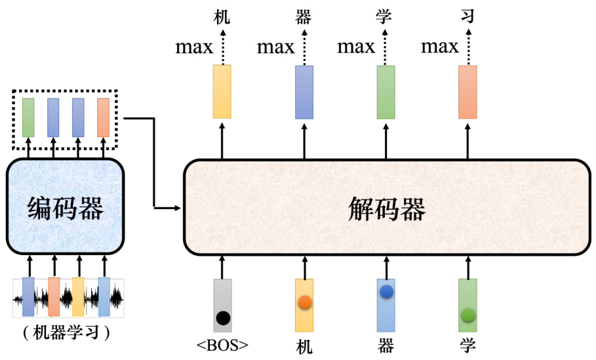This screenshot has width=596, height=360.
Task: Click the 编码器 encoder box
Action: pyautogui.click(x=66, y=207)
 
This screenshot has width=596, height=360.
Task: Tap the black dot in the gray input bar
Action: pyautogui.click(x=223, y=319)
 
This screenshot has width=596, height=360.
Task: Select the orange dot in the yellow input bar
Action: pyautogui.click(x=304, y=303)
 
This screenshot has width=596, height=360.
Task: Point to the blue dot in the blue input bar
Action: pyautogui.click(x=386, y=290)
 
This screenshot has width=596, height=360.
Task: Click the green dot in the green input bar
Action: pyautogui.click(x=467, y=315)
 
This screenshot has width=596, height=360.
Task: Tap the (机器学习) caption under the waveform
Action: pyautogui.click(x=66, y=333)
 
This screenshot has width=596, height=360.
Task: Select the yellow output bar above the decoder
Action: pyautogui.click(x=223, y=91)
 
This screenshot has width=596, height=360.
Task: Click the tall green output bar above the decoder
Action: pyautogui.click(x=386, y=91)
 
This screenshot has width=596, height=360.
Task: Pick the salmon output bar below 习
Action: pyautogui.click(x=467, y=91)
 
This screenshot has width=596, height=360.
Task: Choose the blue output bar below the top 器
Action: pyautogui.click(x=304, y=91)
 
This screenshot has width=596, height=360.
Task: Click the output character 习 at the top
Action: pyautogui.click(x=467, y=17)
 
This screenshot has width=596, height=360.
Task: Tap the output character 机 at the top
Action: pyautogui.click(x=223, y=17)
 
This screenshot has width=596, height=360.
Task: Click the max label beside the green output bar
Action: pyautogui.click(x=356, y=47)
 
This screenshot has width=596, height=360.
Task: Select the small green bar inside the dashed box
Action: pyautogui.click(x=28, y=117)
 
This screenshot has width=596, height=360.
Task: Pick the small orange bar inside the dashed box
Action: pyautogui.click(x=103, y=117)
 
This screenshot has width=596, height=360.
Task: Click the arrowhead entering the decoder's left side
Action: pyautogui.click(x=178, y=208)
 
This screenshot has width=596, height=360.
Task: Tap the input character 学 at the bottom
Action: pyautogui.click(x=467, y=346)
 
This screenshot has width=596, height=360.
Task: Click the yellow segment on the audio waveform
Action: pyautogui.click(x=78, y=297)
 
